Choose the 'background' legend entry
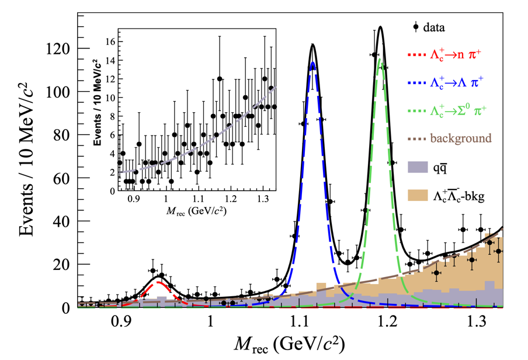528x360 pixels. [450, 139]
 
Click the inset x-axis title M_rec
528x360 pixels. [199, 210]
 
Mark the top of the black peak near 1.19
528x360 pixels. [381, 27]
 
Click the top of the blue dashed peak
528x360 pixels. [313, 62]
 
